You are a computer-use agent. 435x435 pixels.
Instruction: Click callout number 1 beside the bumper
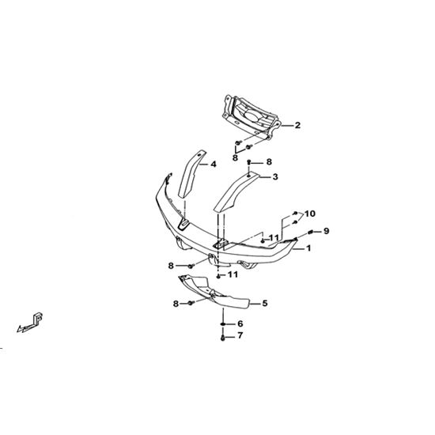click(308, 248)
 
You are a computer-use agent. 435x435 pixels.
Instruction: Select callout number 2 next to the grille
click(297, 125)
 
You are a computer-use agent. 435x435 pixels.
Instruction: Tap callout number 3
click(275, 176)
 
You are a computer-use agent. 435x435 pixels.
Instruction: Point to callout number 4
click(213, 165)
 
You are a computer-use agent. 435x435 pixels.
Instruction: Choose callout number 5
click(265, 303)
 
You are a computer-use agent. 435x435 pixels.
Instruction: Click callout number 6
click(240, 323)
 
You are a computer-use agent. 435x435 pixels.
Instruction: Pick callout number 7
click(240, 335)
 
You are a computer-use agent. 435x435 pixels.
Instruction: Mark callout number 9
click(326, 230)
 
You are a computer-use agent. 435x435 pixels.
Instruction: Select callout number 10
click(310, 214)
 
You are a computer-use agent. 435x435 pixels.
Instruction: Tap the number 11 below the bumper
click(233, 274)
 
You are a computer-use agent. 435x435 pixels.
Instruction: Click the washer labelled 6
click(223, 324)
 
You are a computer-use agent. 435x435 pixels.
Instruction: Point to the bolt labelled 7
click(223, 338)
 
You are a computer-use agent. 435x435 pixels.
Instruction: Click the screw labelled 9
click(311, 232)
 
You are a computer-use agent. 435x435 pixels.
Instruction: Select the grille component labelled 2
click(252, 117)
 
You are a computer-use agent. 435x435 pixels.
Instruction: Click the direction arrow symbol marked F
click(30, 323)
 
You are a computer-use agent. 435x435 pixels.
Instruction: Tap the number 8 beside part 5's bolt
click(176, 304)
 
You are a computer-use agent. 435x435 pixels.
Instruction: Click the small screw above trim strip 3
click(249, 161)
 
